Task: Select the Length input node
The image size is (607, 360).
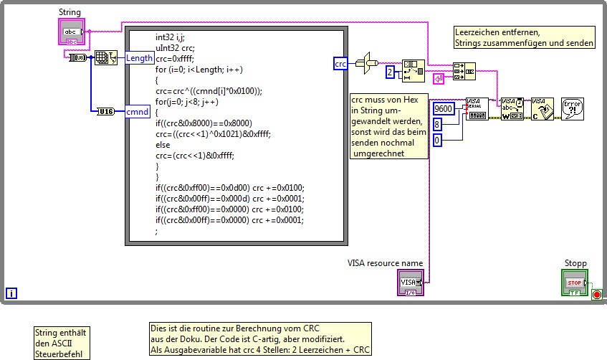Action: point(139,58)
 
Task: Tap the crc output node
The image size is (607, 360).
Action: point(341,64)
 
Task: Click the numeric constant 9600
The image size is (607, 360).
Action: point(444,108)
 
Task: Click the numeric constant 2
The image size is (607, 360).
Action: point(390,72)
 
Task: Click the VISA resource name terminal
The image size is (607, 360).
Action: point(411,283)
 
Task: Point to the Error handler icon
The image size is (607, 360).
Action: point(572,109)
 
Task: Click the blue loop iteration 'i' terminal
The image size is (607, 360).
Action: point(11,293)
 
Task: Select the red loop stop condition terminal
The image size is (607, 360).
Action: point(596,293)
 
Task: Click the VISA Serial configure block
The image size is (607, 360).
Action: point(477,109)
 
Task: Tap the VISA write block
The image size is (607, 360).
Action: point(512,109)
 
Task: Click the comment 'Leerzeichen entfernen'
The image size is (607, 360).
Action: point(498,32)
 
